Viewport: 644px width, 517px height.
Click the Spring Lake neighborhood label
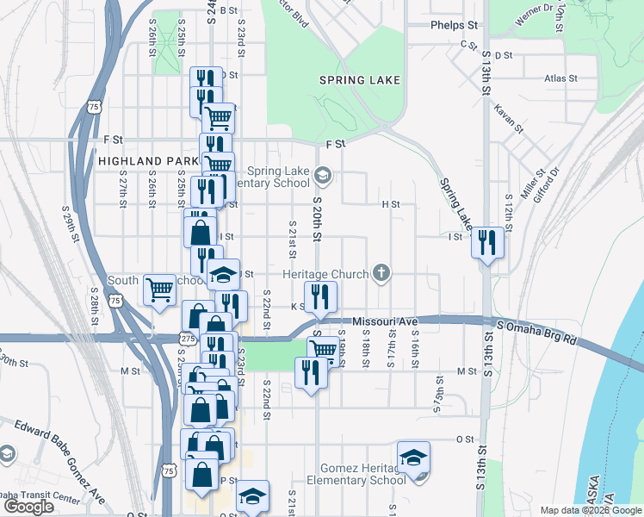(x=360, y=80)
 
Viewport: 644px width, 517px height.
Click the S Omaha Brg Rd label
(x=537, y=333)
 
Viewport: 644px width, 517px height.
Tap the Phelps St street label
(x=455, y=26)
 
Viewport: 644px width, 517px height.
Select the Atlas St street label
(x=560, y=78)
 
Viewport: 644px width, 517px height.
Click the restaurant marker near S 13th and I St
(x=488, y=242)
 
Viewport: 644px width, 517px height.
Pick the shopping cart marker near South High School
(x=159, y=289)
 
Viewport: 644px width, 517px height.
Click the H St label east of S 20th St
(x=391, y=204)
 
